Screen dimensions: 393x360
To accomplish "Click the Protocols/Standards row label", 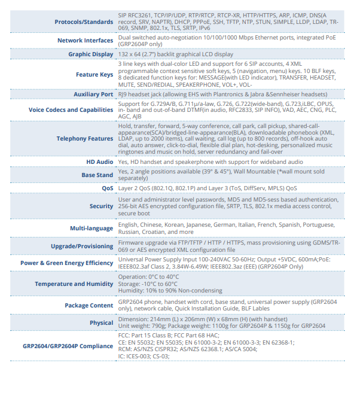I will click(x=84, y=22).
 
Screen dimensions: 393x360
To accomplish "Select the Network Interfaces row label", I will click(x=85, y=41).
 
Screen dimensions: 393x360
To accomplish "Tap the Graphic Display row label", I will click(x=90, y=54).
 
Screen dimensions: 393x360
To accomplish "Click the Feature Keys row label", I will click(x=94, y=75).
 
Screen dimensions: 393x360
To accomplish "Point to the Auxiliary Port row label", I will click(x=93, y=95).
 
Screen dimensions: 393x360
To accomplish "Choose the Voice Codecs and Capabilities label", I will click(x=71, y=109).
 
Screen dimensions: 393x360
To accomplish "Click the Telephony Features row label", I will click(x=84, y=138).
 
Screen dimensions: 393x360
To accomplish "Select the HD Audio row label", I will click(x=99, y=162).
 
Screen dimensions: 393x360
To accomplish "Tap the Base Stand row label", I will click(x=97, y=175).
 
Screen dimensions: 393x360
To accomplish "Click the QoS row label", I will click(x=107, y=188).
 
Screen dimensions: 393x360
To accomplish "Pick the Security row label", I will click(x=101, y=206).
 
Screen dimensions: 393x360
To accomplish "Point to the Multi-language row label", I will click(x=91, y=228).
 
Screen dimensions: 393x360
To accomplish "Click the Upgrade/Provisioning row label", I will click(x=82, y=246).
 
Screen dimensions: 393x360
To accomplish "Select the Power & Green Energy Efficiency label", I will click(x=66, y=263).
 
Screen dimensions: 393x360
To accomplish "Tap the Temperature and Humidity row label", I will click(x=74, y=284).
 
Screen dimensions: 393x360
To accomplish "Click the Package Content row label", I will click(x=89, y=306).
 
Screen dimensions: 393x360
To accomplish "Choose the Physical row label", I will click(x=102, y=323).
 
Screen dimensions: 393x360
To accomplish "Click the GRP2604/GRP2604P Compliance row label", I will click(x=68, y=346).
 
